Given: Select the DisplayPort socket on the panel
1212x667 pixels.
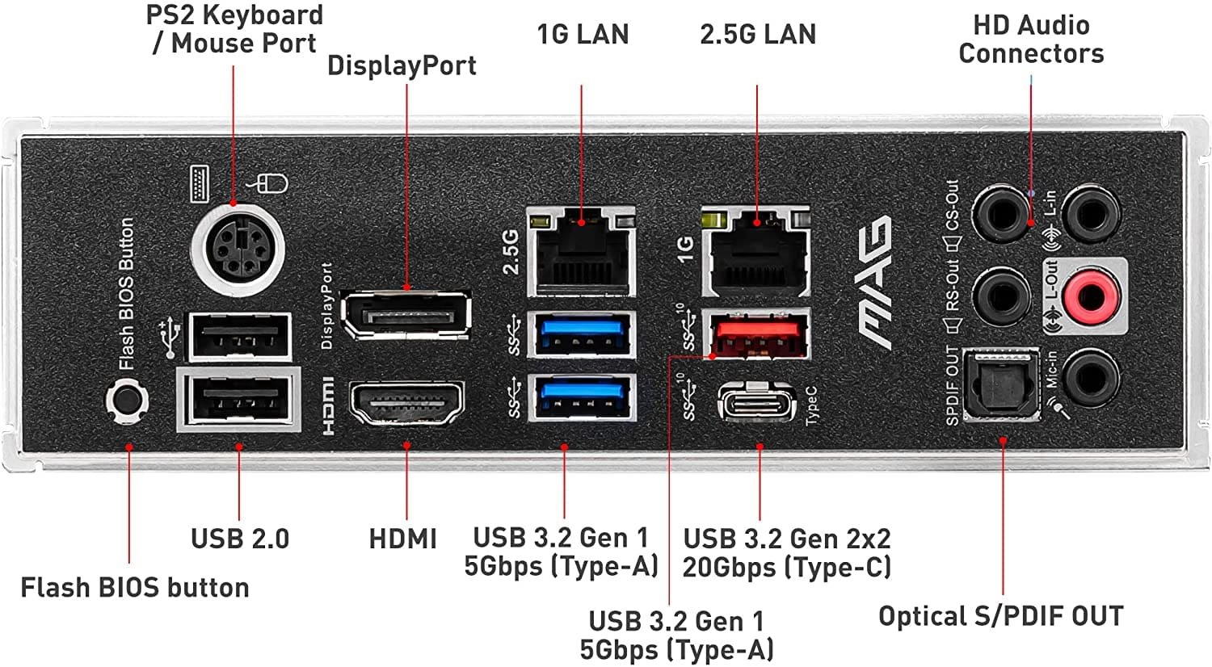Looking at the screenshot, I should tap(406, 316).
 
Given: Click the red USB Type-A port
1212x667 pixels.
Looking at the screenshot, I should tap(756, 333).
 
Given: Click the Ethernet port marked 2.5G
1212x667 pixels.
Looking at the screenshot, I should tap(582, 251).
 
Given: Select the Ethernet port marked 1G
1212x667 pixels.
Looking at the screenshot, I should tap(756, 251).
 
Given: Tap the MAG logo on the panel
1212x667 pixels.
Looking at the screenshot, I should tap(875, 282).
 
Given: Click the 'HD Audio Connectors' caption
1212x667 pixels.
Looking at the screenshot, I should tap(1031, 40).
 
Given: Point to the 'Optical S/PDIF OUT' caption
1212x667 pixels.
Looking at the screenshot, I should tap(1000, 616).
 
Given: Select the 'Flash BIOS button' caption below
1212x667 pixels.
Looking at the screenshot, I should tap(135, 587).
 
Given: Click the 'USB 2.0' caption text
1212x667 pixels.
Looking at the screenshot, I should tap(240, 539).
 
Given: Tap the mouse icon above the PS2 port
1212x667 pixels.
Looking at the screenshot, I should tap(270, 184).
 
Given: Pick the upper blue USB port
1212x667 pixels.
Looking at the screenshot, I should tap(582, 333).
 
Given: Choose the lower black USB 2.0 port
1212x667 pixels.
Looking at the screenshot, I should tap(239, 400).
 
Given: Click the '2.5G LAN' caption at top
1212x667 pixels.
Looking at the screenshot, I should tap(758, 34).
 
